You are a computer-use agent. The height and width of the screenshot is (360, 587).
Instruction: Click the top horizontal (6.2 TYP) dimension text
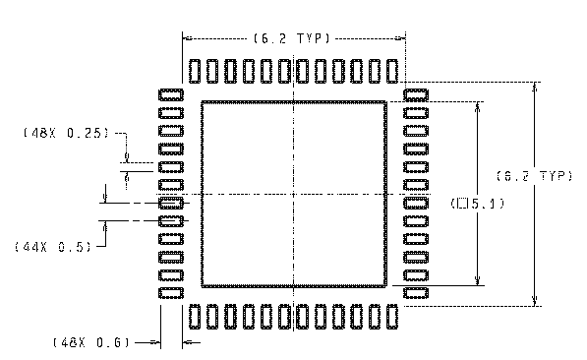293,38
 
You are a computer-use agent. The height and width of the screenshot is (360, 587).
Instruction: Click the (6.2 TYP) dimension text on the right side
532,176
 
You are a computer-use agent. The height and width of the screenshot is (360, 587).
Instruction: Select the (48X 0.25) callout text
66,132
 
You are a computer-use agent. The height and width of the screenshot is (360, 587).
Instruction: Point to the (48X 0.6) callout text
91,342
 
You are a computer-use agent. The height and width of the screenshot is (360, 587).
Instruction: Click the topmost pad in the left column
171,93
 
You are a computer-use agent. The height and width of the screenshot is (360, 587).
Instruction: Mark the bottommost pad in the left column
171,294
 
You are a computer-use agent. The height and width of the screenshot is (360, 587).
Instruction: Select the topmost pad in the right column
417,93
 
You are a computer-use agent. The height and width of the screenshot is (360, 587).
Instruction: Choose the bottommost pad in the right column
417,294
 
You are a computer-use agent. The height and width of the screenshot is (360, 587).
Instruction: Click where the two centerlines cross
294,194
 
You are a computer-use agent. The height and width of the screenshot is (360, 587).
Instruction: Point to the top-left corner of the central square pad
203,102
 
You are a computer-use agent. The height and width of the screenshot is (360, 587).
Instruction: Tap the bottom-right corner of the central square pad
385,285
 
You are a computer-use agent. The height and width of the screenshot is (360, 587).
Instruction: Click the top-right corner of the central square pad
385,102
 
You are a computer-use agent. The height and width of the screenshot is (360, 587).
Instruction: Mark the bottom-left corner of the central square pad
203,285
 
